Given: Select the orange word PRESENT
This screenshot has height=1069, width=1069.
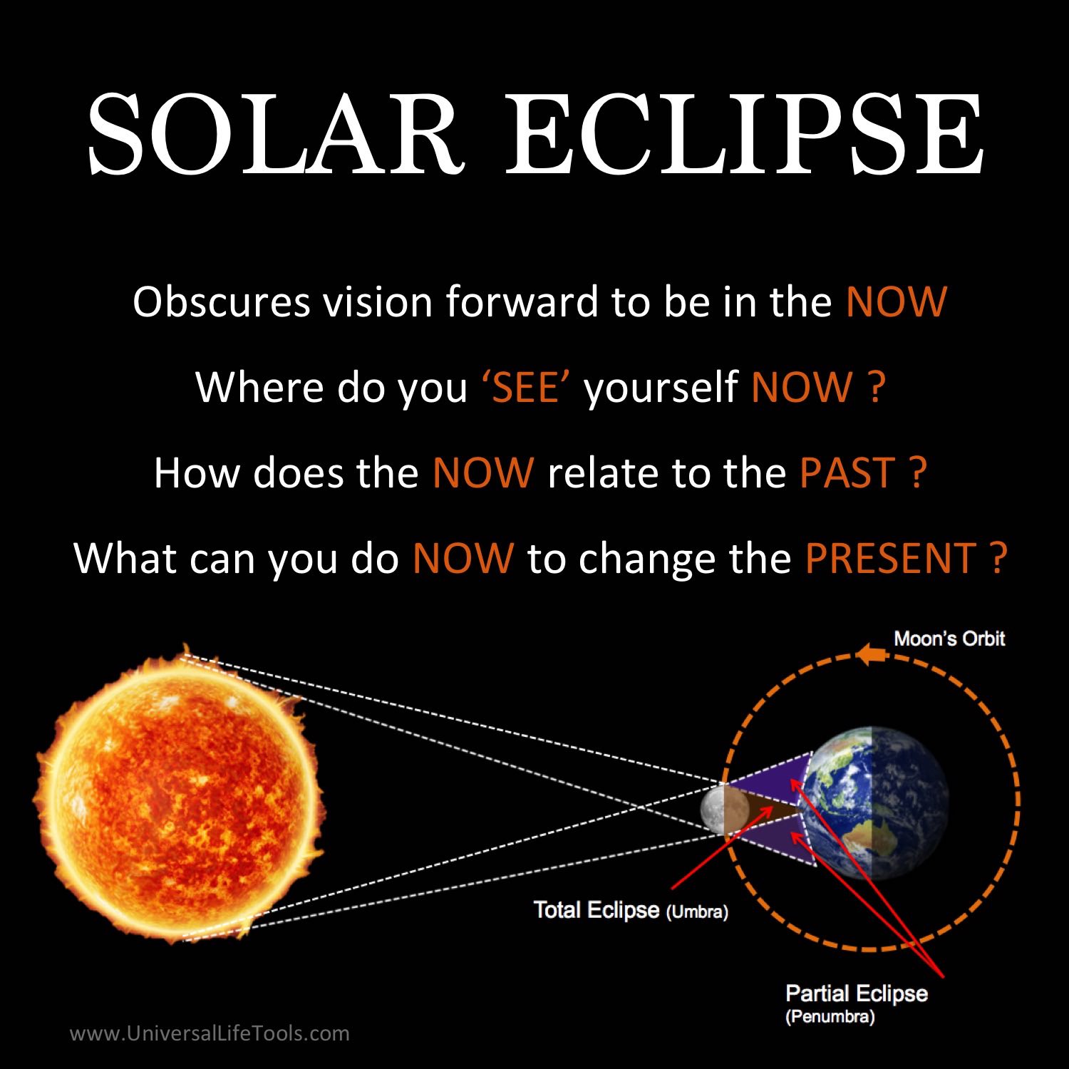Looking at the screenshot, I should pos(890,558).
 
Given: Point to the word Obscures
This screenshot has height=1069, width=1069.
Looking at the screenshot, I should pos(222,302).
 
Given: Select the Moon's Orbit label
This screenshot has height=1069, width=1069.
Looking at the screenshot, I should pos(949,639).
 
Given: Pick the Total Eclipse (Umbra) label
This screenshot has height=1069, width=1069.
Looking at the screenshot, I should pos(631,911).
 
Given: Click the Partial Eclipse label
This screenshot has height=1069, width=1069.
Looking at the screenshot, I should pos(856,993).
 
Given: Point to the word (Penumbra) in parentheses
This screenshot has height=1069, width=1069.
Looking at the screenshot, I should pos(830,1017).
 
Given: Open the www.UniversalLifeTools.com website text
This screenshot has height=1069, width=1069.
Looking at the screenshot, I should pos(210,1033).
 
